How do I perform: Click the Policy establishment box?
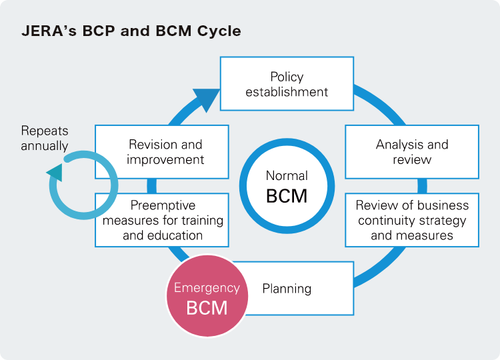(287, 83)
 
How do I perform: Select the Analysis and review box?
(412, 152)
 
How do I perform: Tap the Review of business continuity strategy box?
(412, 220)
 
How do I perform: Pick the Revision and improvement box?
(162, 152)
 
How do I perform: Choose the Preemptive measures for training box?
(162, 220)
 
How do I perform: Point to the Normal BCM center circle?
(287, 186)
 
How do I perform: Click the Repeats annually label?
(45, 138)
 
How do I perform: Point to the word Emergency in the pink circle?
(207, 288)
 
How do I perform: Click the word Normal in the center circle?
(287, 176)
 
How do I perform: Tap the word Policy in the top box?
(287, 77)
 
